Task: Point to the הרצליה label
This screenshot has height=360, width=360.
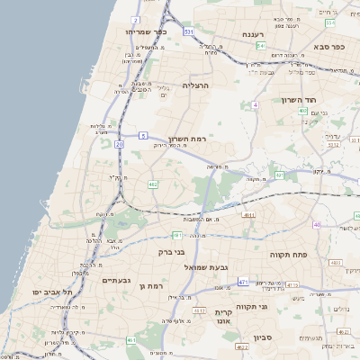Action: point(195,85)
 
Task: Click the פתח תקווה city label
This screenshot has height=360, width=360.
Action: point(289,255)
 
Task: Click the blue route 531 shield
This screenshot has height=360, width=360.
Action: point(189,31)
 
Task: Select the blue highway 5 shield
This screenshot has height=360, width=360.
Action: point(142,135)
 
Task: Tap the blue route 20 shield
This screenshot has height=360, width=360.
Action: point(120,143)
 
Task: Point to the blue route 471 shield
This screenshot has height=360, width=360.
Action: point(243,282)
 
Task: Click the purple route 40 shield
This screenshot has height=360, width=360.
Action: point(317,224)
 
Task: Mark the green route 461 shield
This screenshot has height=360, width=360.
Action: point(131,340)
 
